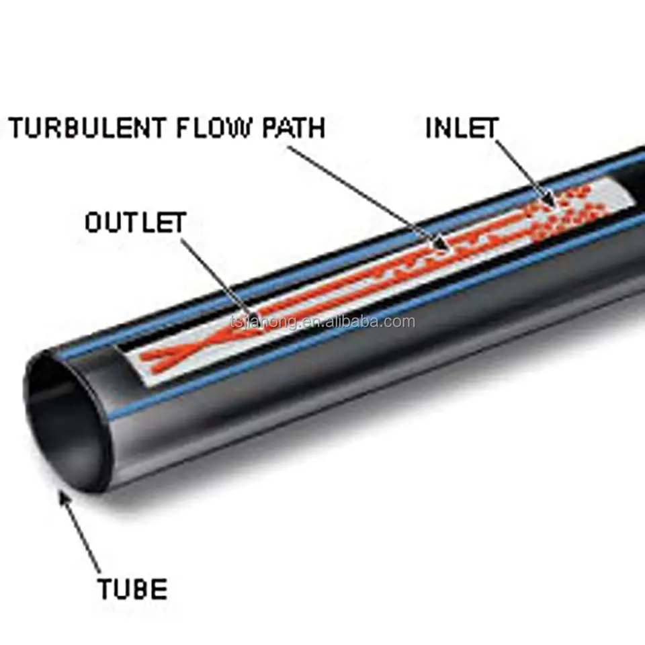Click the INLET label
[x=462, y=128]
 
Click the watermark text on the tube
[x=322, y=322]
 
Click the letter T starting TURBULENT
[x=17, y=128]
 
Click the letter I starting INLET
[x=430, y=128]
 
